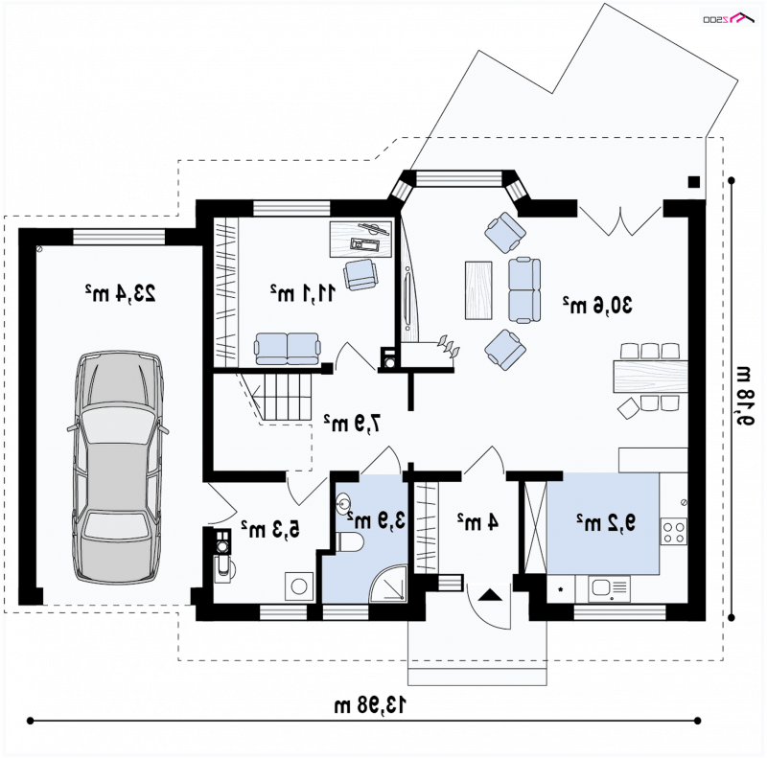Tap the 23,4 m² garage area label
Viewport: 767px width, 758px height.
(x=121, y=293)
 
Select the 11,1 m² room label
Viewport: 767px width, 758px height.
(x=303, y=293)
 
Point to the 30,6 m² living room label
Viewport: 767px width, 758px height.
(x=597, y=305)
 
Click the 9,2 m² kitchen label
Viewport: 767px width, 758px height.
(x=606, y=523)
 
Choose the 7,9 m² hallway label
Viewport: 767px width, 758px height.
(x=352, y=423)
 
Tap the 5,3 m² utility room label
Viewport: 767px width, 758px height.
(x=270, y=529)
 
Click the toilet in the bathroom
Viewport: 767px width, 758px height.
(x=350, y=542)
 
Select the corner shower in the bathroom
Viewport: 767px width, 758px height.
(x=388, y=584)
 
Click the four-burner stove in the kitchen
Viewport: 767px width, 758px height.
(x=674, y=532)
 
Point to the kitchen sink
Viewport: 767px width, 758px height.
(x=609, y=587)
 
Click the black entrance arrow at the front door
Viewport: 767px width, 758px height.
(x=490, y=595)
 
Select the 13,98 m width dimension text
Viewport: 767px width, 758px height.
(x=370, y=704)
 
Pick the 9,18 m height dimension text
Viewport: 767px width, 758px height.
(x=743, y=396)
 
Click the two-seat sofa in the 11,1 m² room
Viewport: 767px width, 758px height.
(x=287, y=349)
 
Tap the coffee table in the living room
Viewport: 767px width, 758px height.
(x=478, y=290)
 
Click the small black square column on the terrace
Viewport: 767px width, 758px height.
(x=693, y=182)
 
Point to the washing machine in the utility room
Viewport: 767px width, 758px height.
(x=299, y=586)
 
